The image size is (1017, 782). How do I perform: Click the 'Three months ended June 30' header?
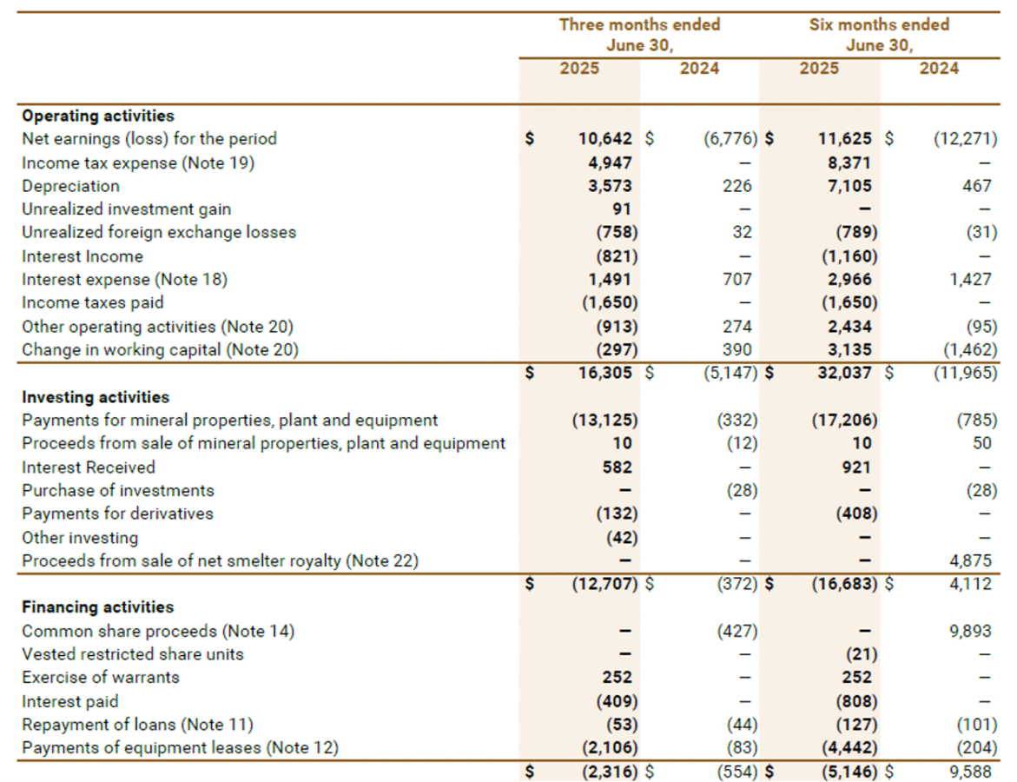639,35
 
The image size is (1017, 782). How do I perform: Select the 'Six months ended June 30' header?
879,35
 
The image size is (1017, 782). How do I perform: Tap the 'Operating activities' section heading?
97,116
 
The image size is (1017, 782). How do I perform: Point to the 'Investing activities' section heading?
96,397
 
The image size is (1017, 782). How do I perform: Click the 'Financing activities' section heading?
97,607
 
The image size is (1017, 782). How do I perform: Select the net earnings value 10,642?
608,139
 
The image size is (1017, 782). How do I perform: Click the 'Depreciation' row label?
70,186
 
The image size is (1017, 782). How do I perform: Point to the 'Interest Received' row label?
89,467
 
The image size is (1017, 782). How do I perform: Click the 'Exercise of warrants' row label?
101,678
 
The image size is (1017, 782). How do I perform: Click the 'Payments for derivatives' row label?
117,514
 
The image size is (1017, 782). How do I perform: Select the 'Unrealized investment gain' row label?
126,209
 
